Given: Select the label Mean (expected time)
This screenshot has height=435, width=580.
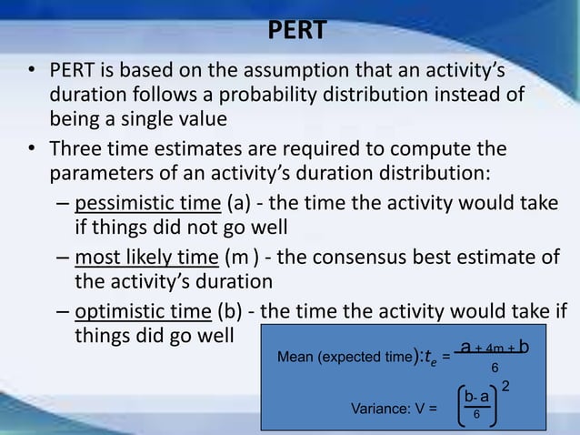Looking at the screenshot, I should [x=345, y=359].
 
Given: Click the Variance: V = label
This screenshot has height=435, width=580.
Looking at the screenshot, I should [x=393, y=408].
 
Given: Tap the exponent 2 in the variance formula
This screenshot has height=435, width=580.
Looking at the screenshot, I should [x=506, y=388].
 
